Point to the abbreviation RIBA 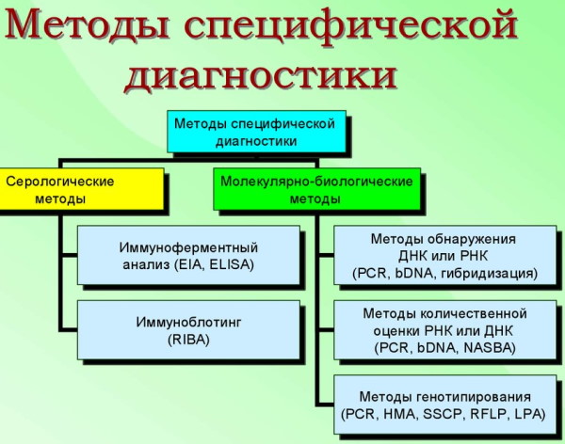(x=188, y=340)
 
